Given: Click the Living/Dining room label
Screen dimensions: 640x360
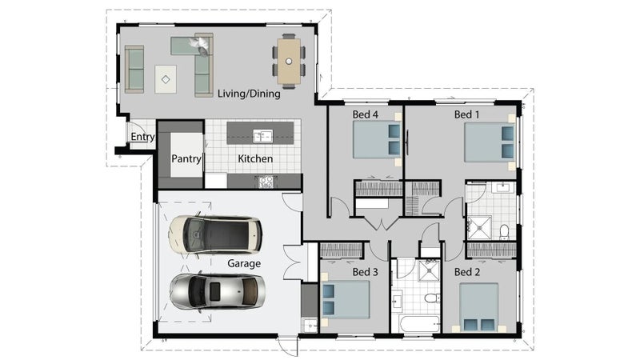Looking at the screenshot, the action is pos(249,94).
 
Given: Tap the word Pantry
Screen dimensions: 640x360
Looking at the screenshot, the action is pos(186,158).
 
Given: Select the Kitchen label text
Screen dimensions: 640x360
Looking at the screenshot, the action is pos(255,158).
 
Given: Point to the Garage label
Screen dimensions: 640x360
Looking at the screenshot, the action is pos(244,264).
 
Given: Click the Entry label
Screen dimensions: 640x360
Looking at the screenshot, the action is pos(142,137).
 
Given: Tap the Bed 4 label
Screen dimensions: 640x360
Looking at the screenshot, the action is pos(366,114).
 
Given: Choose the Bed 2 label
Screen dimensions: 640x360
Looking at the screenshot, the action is pos(467,272).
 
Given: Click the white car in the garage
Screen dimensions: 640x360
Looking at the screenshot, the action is pos(215,235).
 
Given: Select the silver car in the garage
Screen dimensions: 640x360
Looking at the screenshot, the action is pos(217,291).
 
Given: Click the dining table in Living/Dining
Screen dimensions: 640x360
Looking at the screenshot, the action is pos(289,62).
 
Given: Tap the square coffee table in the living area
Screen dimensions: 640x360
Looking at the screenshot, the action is pos(166,79).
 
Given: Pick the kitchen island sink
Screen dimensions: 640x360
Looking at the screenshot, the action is pos(262,136).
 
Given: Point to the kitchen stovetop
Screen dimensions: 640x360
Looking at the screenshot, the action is pos(266,182).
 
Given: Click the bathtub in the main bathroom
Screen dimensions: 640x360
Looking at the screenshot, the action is pos(419,325).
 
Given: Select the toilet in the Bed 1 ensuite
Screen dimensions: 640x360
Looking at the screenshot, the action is pos(505,232).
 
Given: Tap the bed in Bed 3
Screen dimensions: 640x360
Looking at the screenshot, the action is pos(346,299).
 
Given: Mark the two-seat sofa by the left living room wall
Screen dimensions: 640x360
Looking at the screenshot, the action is pos(134,70).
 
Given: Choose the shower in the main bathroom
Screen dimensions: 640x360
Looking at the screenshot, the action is pos(429,270).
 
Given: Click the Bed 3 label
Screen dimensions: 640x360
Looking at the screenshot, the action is pos(366,272).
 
